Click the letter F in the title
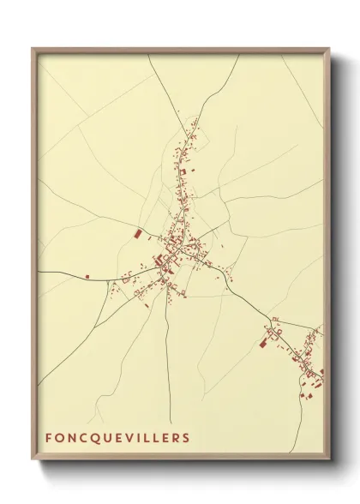49,438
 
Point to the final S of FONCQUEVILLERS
186,438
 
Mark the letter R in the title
175,438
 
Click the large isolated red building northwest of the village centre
137,231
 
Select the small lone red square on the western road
87,276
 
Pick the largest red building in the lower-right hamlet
264,344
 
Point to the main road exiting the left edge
60,280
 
